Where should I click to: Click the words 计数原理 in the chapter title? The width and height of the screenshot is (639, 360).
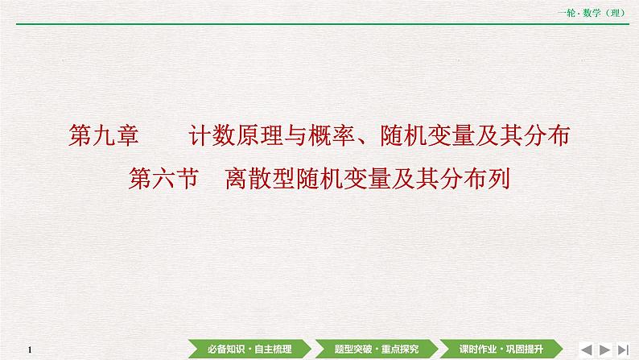tap(230, 137)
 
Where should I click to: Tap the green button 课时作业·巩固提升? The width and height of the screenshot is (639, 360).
tap(501, 348)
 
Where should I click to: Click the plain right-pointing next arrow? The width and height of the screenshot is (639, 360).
tap(605, 348)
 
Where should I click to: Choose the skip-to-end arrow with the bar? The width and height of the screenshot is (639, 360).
tap(623, 348)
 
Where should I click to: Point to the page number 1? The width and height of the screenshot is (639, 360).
tap(28, 349)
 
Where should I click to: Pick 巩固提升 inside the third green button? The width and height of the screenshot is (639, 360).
tap(523, 348)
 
